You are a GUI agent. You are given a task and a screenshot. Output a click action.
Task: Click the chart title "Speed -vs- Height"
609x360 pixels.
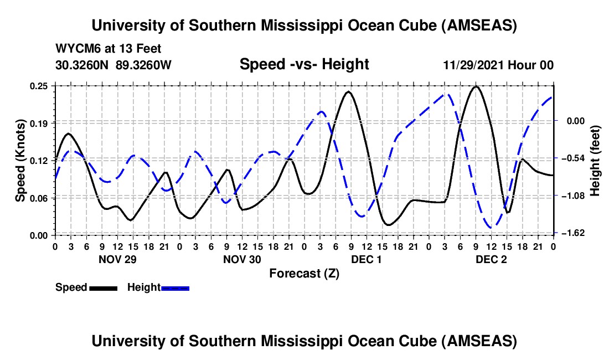304,64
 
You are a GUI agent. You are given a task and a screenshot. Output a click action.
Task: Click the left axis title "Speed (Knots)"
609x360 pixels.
20,161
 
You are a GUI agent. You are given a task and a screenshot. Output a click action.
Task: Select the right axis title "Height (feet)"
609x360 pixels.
595,161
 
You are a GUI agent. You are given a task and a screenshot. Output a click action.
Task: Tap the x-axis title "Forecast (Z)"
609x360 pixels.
304,273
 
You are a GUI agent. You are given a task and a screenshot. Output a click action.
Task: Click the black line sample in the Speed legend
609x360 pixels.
104,287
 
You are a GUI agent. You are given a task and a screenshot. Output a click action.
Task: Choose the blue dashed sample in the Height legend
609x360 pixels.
176,287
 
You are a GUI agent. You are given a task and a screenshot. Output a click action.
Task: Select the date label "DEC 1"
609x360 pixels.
367,259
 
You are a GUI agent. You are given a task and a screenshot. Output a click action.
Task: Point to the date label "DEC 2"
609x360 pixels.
491,259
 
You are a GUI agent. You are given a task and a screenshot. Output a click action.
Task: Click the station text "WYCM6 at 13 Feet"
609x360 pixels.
109,49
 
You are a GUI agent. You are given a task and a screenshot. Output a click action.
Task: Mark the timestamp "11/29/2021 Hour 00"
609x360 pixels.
498,65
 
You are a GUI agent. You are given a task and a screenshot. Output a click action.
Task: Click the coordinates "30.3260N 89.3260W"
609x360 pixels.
113,65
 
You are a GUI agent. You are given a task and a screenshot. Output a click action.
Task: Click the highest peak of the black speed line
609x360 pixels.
476,86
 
